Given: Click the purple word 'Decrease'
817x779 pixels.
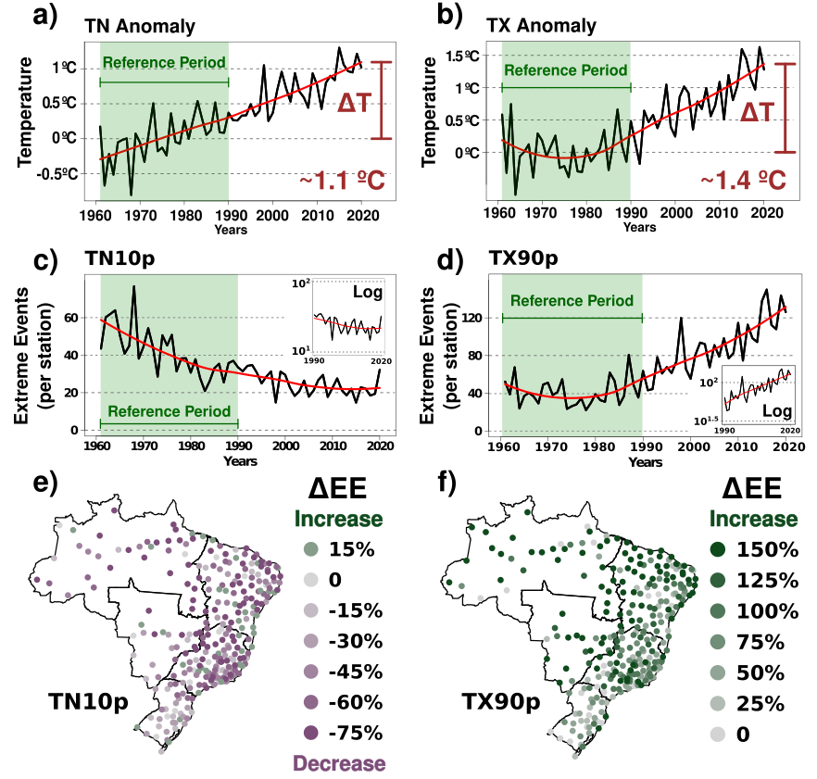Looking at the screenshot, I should coord(339,763).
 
